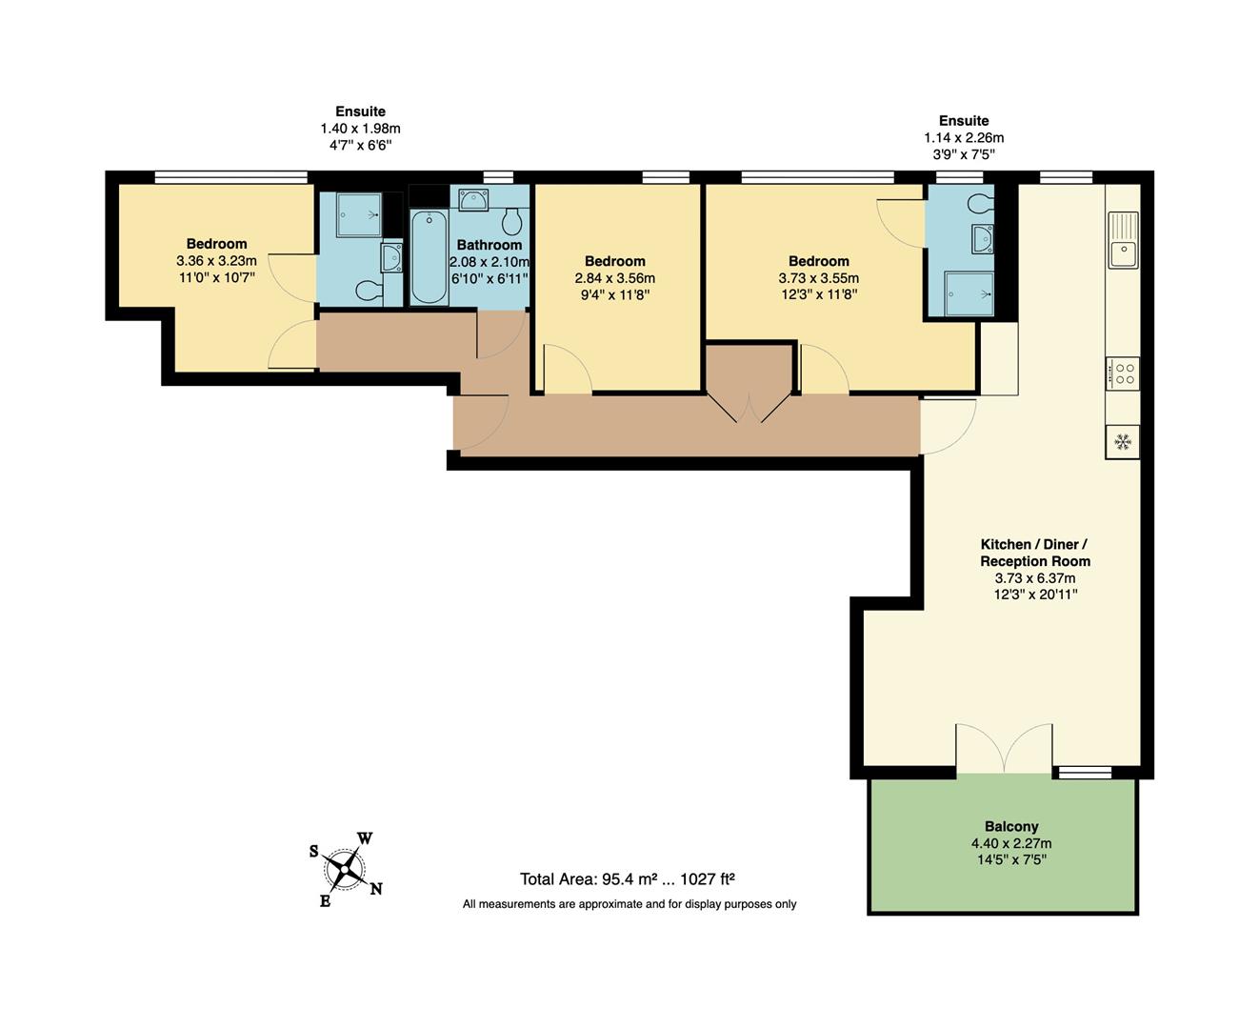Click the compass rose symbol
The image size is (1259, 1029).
pos(345,869)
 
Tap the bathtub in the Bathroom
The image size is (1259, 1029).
pos(430,257)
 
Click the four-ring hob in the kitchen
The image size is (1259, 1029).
pos(1123,373)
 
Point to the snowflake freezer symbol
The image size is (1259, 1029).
pos(1123,442)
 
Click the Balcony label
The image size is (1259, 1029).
pos(1010,826)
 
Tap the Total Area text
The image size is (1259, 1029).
pos(627,879)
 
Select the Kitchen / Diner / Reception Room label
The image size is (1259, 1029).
pos(1035,553)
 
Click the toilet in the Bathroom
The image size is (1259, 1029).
pos(513,221)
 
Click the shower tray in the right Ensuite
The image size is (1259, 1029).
pos(969,293)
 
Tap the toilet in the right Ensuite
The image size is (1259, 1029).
pos(979,203)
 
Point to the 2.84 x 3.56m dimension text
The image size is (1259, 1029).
pos(614,278)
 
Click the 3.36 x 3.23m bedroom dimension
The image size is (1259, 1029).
pos(216,261)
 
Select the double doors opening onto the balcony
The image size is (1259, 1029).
pos(1004,749)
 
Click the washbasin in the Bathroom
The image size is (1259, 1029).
pos(473,200)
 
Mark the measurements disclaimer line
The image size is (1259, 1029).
pos(629,904)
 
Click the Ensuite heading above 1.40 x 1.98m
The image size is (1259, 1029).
pos(360,111)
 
